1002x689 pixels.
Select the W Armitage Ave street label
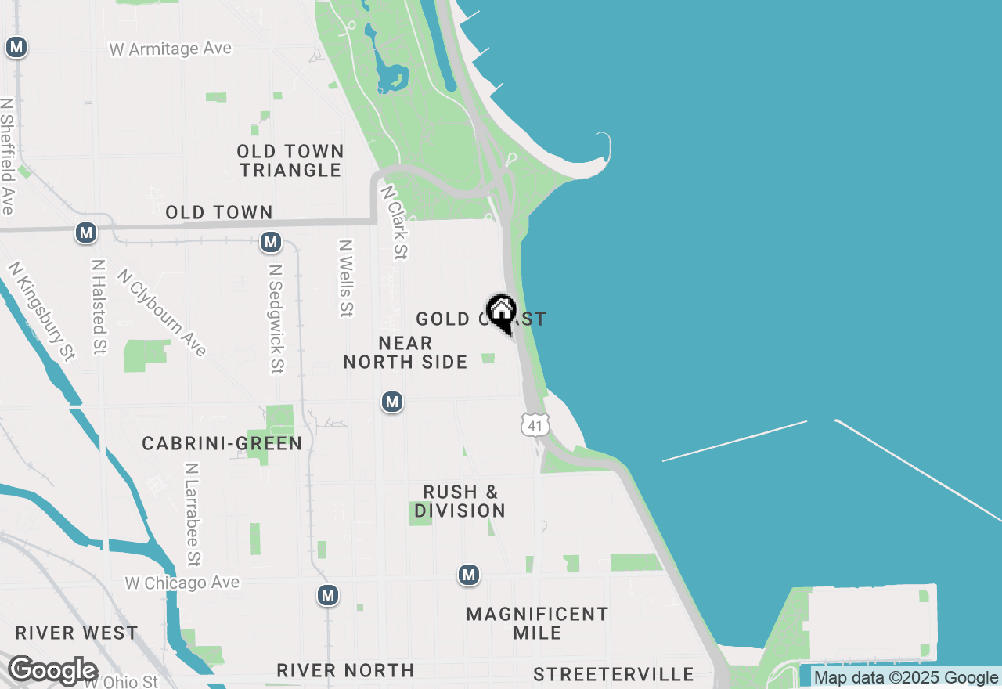coord(171,49)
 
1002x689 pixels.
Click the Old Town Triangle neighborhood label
coord(290,161)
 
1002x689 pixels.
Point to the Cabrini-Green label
coord(222,443)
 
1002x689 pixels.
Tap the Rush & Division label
coord(460,501)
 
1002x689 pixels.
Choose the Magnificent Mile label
coord(537,623)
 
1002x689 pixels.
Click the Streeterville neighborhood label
coord(614,674)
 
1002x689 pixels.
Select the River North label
coord(345,670)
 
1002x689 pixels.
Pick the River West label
coord(77,633)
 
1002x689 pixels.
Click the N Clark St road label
coord(395,222)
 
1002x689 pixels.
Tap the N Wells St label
coord(345,278)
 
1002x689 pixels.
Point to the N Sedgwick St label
coord(275,318)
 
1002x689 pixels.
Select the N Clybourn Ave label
coord(162,312)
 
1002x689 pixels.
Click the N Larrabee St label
coord(193,513)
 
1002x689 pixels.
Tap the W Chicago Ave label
coord(182,583)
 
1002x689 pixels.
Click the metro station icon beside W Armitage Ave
coord(16,47)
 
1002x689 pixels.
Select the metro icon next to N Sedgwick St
coord(271,243)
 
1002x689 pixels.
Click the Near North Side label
coord(405,352)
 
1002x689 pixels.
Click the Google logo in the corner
coord(53,671)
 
